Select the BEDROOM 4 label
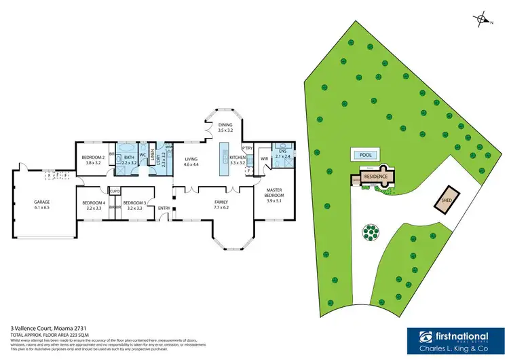tap(94, 202)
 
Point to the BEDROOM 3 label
tap(134, 202)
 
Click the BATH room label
tap(128, 157)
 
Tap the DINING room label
tap(225, 125)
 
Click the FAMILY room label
tap(221, 202)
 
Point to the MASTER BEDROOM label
tap(274, 192)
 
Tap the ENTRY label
tap(164, 208)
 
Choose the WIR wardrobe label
tap(265, 160)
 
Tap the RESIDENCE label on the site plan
tap(375, 176)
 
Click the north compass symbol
tap(483, 20)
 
